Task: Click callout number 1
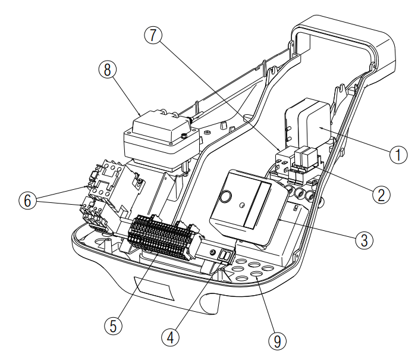398,155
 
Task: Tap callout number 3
364,240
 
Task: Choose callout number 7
153,35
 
